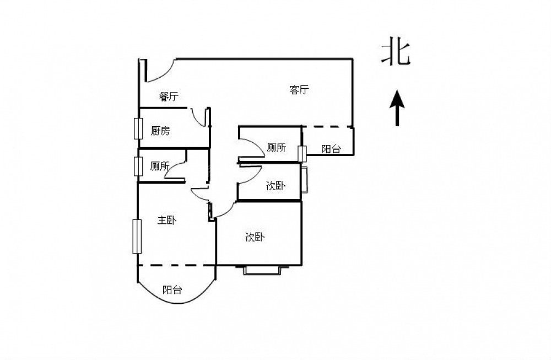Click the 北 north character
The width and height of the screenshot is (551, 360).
[x=396, y=54]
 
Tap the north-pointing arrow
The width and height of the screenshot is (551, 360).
[x=397, y=109]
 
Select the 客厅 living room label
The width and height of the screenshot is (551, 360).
[x=299, y=90]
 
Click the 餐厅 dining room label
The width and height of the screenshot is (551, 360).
[x=169, y=97]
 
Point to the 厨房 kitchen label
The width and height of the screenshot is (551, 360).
[x=160, y=131]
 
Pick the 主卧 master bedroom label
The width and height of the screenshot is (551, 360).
[x=166, y=221]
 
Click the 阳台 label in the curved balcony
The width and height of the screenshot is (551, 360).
[x=172, y=290]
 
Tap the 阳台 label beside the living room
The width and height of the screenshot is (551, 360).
[x=331, y=149]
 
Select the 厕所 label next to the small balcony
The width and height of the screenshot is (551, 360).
[x=276, y=147]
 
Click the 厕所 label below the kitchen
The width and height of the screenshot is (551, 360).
[x=160, y=166]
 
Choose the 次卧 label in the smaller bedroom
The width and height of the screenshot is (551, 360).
[x=275, y=186]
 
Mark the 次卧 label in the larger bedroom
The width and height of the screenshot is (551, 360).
[x=255, y=238]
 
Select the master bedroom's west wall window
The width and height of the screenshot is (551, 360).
[x=136, y=237]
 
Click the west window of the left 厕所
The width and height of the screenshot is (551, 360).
[x=138, y=166]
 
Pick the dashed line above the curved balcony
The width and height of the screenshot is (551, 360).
[x=176, y=265]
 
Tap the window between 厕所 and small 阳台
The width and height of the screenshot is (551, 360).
[x=301, y=153]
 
